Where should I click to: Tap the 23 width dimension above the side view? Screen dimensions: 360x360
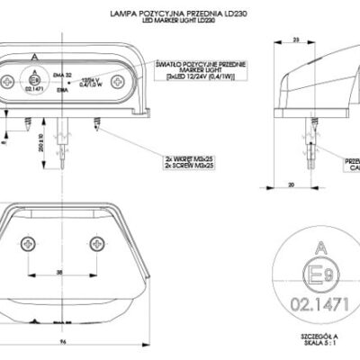[296, 40]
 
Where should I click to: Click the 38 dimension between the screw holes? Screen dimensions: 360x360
[59, 271]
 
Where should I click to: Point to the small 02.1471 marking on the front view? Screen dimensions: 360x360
[34, 89]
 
